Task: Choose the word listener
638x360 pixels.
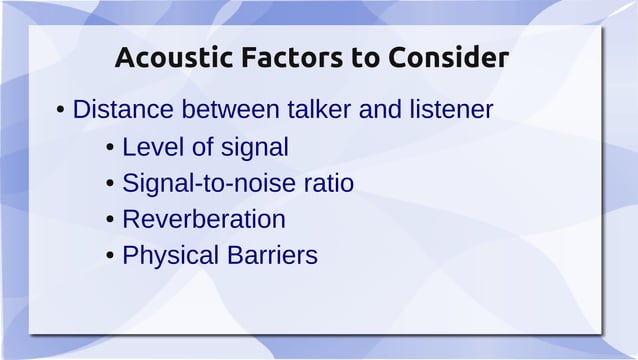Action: pos(448,110)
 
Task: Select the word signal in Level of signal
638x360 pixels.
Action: pos(253,148)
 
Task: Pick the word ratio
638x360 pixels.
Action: pos(327,184)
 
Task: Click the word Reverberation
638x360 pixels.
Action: pos(203,219)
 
